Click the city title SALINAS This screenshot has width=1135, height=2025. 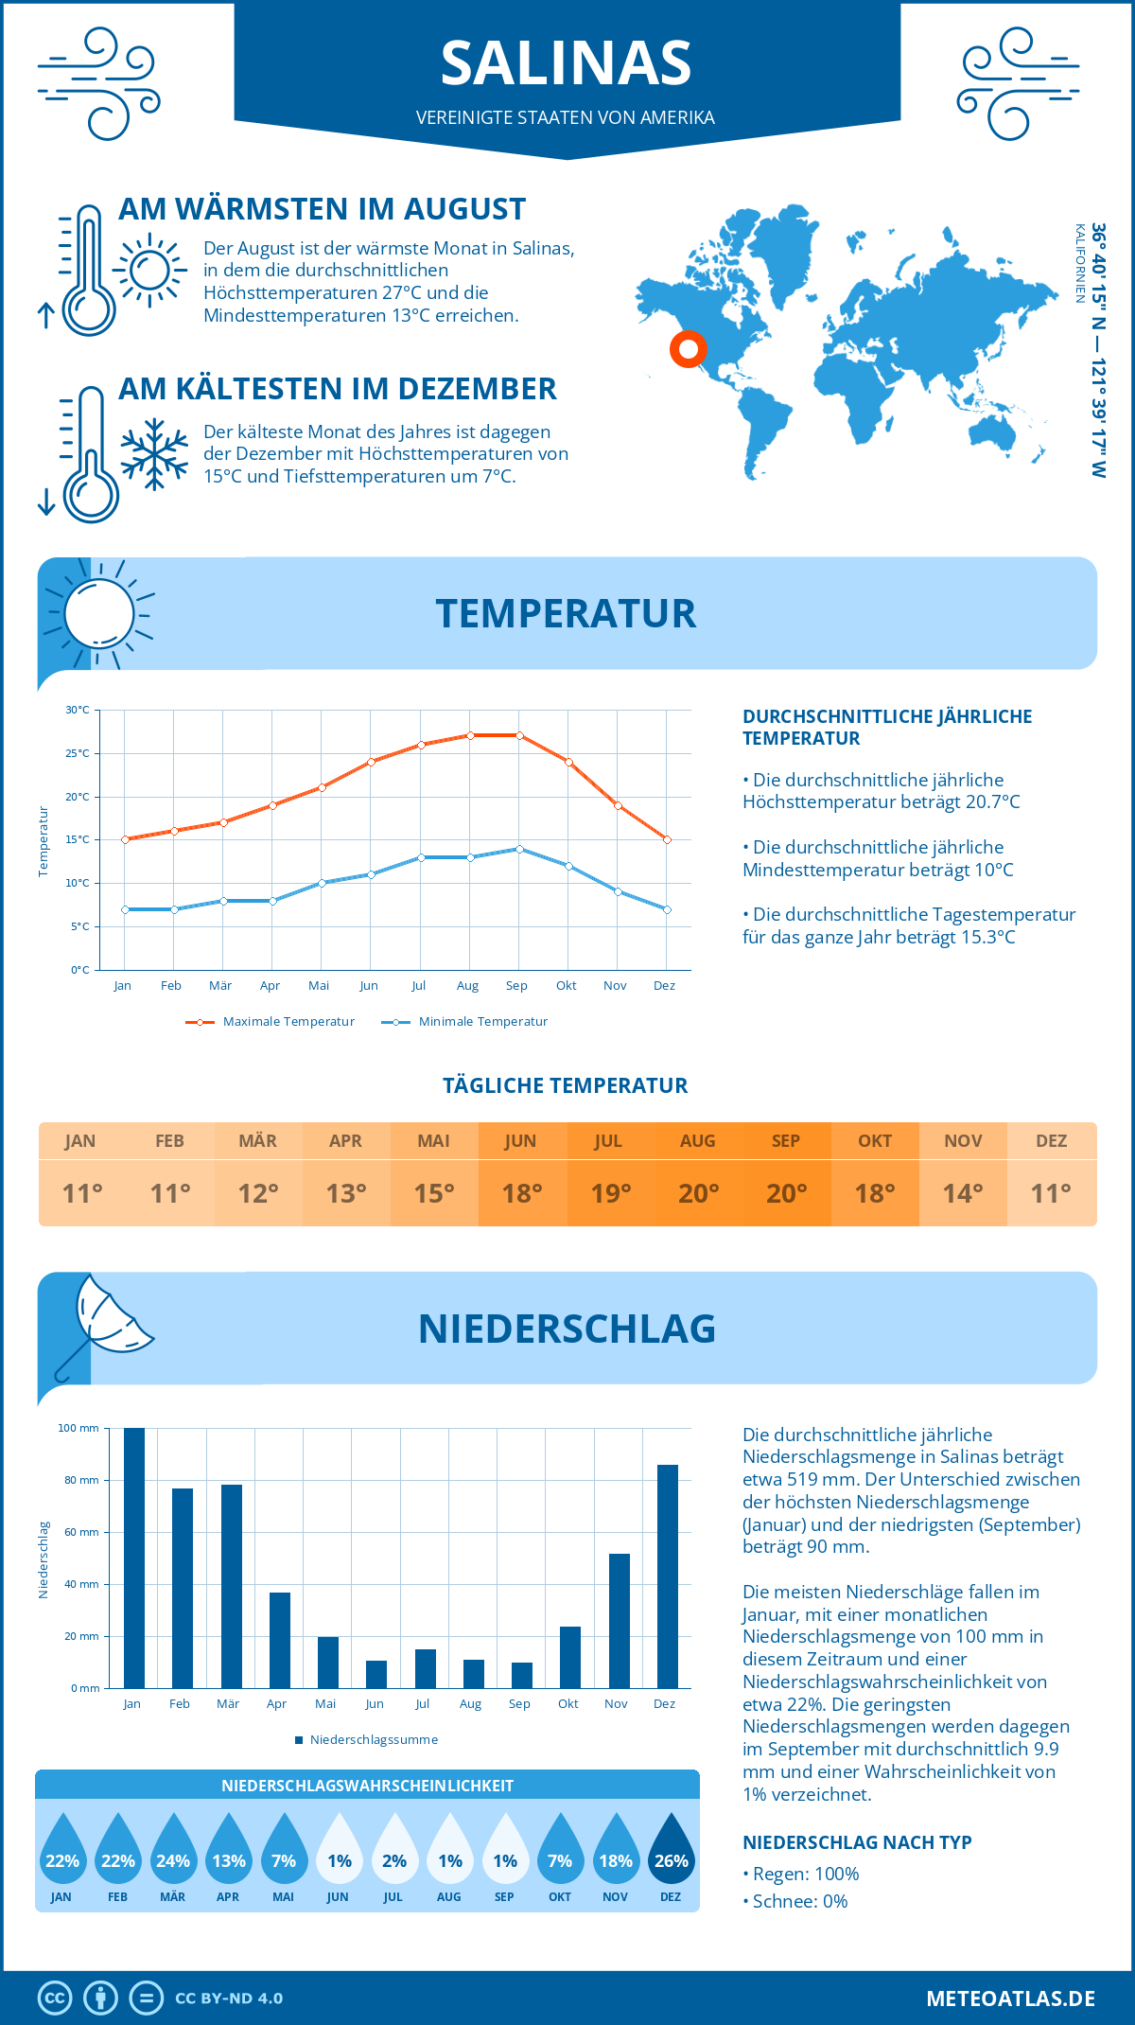coord(566,63)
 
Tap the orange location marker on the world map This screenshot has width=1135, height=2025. coord(689,349)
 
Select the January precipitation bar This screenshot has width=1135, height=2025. coord(134,1558)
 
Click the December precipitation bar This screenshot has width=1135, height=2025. coord(668,1576)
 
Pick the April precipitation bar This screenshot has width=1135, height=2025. coord(280,1640)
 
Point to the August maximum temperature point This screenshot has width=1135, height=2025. coord(470,735)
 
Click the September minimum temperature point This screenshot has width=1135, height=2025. coord(519,849)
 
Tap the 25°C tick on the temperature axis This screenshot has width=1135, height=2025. coord(78,753)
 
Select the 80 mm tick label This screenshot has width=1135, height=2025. coord(81,1480)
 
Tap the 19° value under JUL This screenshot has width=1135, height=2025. coord(610,1193)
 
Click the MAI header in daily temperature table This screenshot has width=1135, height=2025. coord(433,1141)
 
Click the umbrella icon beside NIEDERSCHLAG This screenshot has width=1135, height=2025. coord(102,1325)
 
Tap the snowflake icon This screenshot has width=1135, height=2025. coord(154,454)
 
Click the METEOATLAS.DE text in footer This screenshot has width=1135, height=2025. coord(1010,1999)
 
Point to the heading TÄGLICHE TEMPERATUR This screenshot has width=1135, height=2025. coord(566,1085)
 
